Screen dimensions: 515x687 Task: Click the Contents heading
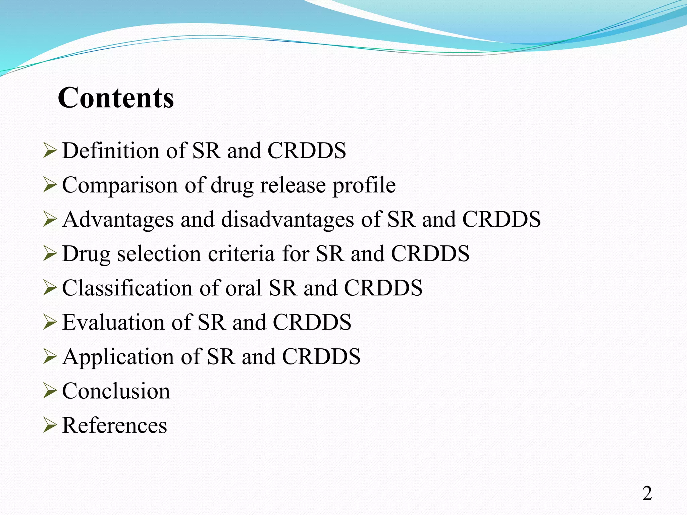[x=116, y=98]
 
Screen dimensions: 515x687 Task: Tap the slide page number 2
[x=647, y=493]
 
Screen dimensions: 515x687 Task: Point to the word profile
[x=364, y=185]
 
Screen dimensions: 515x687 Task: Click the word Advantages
[x=118, y=220]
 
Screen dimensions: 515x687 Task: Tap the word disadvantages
[x=287, y=220]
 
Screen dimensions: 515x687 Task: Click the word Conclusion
[x=116, y=391]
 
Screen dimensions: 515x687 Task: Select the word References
[x=114, y=425]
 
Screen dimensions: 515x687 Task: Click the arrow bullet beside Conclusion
[x=50, y=391]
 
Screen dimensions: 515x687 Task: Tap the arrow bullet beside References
[x=50, y=425]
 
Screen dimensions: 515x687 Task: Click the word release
[x=293, y=185]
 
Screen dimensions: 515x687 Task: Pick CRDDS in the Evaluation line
[x=312, y=322]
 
